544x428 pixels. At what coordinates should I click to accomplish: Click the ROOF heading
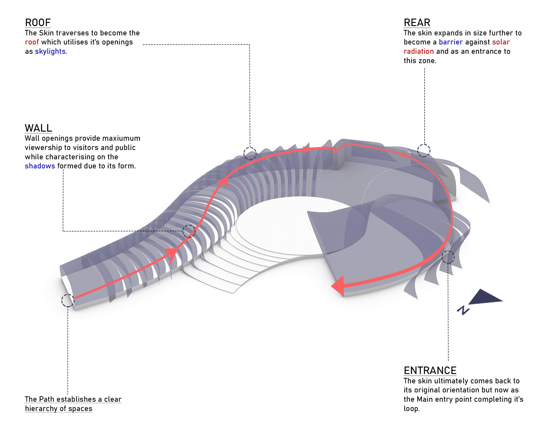coord(38,23)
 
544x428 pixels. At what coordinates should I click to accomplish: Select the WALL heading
coord(38,128)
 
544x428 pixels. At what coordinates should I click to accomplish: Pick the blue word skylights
coord(50,51)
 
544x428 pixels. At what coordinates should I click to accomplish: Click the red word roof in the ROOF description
coord(32,42)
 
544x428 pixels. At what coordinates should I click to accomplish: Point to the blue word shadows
coord(40,166)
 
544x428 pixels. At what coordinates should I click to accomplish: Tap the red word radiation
coord(418,51)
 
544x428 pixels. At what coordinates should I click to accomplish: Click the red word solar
coord(500,42)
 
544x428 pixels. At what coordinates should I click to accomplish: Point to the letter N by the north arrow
coord(463,310)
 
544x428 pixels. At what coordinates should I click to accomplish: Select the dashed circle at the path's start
coord(68,300)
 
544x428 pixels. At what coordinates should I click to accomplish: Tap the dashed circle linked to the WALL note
coord(189,231)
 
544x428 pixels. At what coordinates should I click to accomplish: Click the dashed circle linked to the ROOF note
coord(250,153)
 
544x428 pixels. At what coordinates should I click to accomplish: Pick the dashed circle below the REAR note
coord(423,151)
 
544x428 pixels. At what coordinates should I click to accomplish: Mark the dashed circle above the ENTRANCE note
coord(448,257)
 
